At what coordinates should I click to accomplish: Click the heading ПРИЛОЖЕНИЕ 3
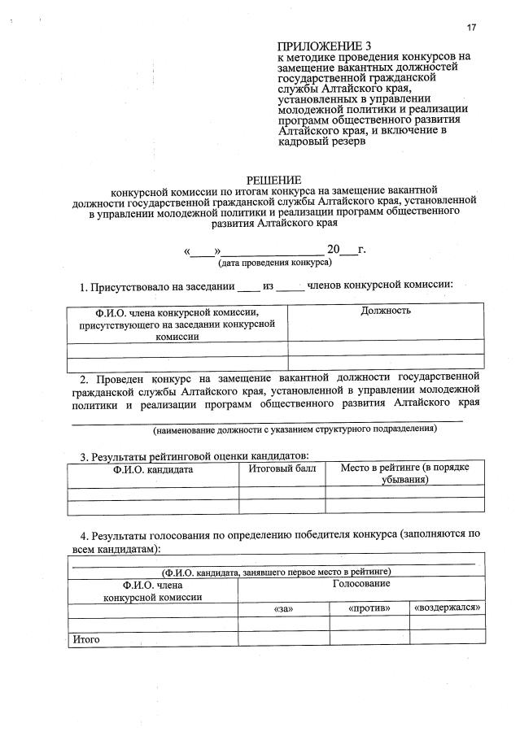click(324, 46)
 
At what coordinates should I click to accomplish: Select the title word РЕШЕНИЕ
click(274, 180)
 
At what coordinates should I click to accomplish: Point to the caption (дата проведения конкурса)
click(273, 264)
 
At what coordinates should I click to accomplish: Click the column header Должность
click(386, 311)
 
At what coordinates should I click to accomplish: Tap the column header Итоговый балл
click(282, 468)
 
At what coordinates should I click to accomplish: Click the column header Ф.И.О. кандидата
click(153, 469)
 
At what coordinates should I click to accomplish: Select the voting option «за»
click(283, 608)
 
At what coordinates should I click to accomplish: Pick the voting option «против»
click(369, 608)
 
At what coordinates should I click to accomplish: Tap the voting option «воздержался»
click(447, 608)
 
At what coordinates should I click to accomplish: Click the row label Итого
click(86, 639)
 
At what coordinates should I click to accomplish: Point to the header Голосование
click(361, 584)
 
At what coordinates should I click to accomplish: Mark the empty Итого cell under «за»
click(283, 638)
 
